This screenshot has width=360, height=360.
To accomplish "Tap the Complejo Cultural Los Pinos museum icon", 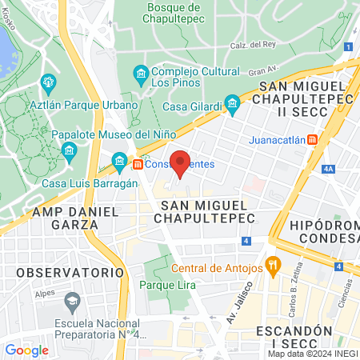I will coord(141,74).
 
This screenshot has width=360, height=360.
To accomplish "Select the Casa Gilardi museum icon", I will coord(232,102).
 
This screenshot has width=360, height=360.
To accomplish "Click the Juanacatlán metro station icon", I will coord(312,138).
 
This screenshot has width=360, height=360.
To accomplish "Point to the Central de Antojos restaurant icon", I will coord(273,265).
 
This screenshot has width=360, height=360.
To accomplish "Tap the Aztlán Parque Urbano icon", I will coord(48,81).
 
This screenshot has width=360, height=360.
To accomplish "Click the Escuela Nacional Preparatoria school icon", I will coord(73,302).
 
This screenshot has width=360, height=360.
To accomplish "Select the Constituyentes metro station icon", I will coord(138,164).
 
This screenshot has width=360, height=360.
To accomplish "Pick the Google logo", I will coord(26,350).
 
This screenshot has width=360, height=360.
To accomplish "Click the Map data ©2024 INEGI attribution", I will coord(311,354).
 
